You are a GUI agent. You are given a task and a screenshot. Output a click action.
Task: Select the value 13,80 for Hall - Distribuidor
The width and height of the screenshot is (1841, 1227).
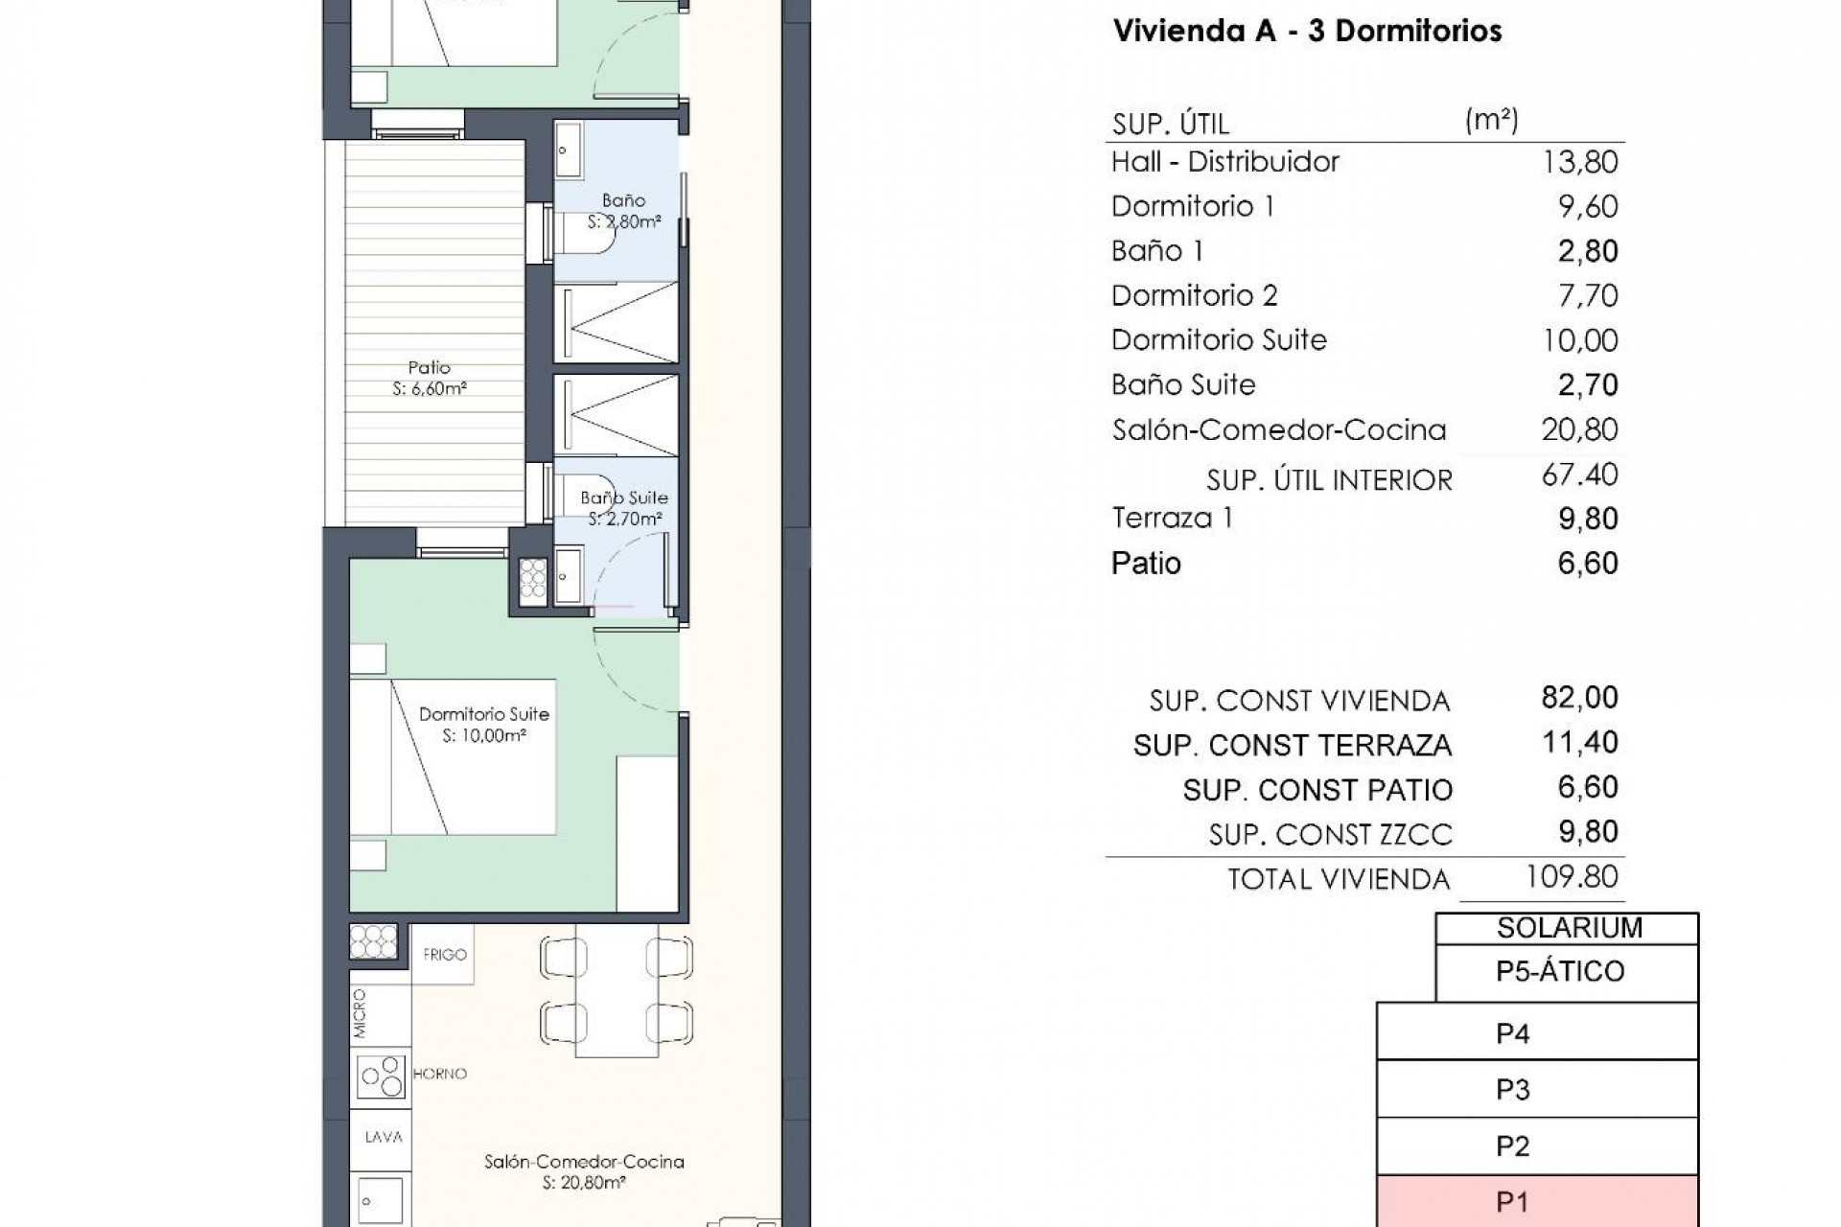[x=1579, y=161]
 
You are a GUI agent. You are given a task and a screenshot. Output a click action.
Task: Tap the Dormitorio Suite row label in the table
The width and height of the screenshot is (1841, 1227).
[x=1219, y=339]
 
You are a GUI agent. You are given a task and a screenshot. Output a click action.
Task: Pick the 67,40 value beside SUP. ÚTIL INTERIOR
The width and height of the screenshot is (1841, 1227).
[x=1579, y=475]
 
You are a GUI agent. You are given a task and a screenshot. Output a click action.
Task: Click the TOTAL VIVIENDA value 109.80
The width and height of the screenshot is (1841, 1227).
[x=1573, y=876]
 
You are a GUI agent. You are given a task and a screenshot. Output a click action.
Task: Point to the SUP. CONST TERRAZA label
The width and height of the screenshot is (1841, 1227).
[x=1292, y=745]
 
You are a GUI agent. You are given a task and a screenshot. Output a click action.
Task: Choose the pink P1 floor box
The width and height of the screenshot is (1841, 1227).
[x=1537, y=1202]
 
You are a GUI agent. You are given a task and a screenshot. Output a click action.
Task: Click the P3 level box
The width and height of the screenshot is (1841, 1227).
[x=1537, y=1090]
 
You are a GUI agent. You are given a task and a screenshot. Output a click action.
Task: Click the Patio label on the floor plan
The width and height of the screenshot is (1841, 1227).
[x=429, y=368]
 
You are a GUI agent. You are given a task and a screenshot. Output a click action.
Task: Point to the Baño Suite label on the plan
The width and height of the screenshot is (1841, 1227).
[x=623, y=498]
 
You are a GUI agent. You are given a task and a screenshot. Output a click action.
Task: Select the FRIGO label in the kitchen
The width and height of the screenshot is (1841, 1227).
[x=444, y=955]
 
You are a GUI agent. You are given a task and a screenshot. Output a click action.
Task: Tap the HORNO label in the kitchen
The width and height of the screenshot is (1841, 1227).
[x=440, y=1074]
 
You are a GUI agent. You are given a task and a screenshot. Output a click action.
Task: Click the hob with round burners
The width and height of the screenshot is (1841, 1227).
[x=381, y=1075]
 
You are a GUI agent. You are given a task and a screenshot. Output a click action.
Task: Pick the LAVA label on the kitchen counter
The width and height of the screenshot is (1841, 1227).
[x=383, y=1137]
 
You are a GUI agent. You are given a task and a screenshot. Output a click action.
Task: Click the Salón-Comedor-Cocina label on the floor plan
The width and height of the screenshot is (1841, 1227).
[x=584, y=1162]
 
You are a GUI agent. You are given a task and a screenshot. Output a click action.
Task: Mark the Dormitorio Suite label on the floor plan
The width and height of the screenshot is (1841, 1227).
[x=483, y=714]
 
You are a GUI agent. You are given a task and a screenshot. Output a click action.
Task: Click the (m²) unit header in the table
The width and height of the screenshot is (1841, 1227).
[x=1491, y=120]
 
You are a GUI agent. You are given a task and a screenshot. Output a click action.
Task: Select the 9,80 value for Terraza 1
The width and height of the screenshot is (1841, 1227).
[x=1587, y=519]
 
